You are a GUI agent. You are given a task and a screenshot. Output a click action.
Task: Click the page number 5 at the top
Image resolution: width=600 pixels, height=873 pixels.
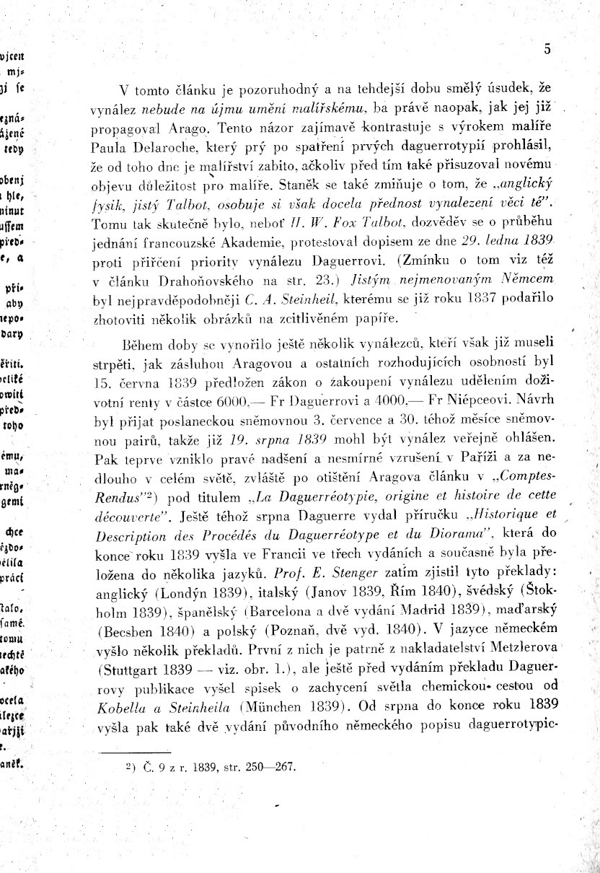click(547, 50)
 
